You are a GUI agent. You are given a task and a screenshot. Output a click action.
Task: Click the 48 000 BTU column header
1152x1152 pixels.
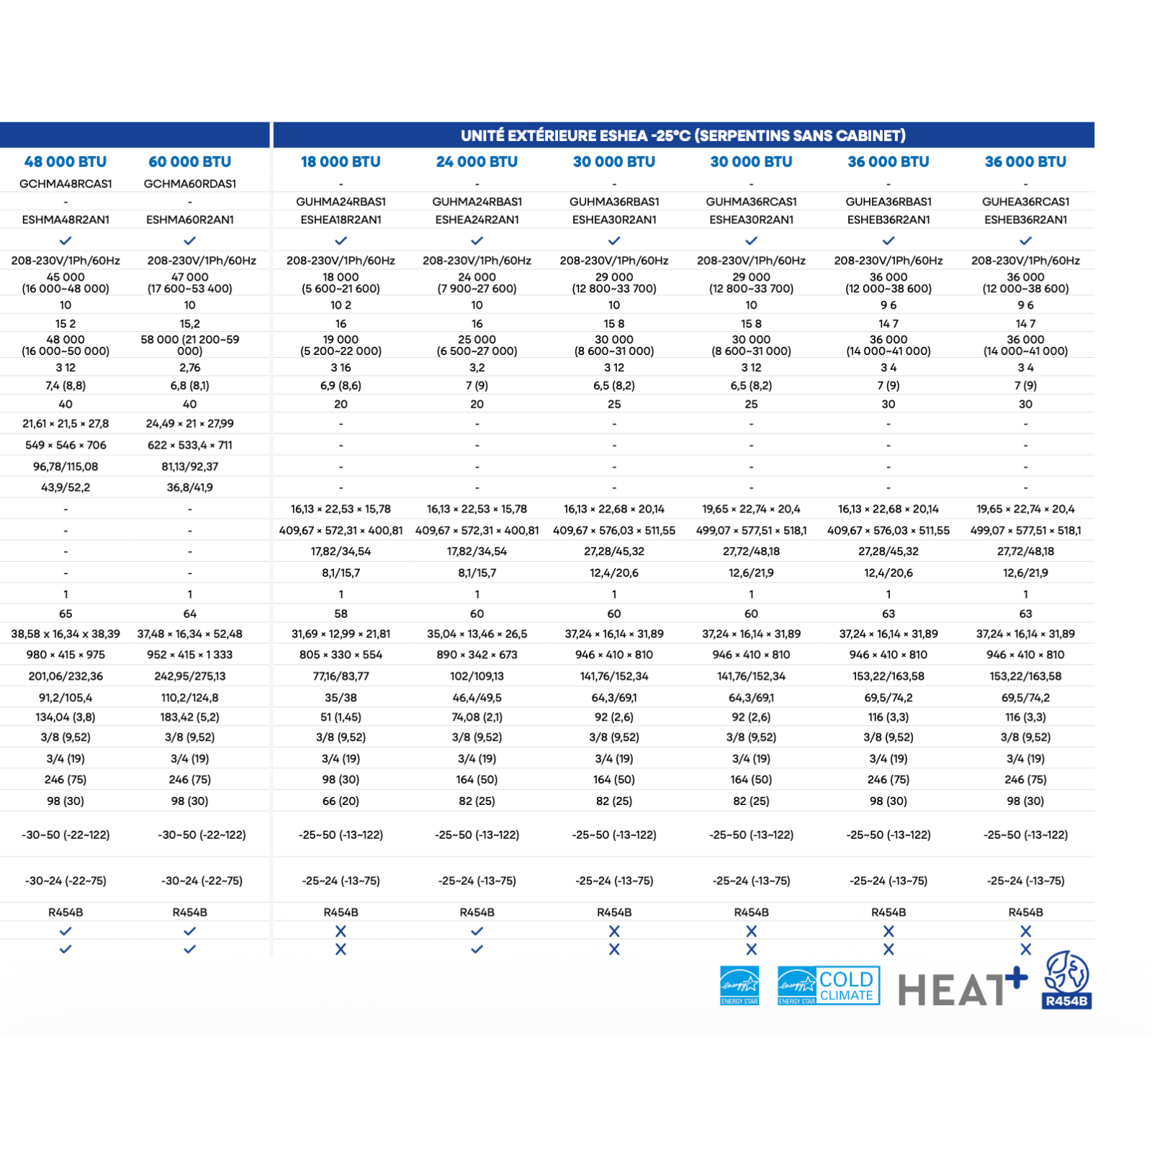point(66,162)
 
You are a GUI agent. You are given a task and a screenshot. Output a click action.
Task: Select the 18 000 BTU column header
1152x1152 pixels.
point(341,162)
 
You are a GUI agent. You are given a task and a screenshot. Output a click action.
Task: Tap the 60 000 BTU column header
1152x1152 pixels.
point(190,162)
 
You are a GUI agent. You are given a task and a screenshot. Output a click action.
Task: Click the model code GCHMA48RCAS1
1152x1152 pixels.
point(66,184)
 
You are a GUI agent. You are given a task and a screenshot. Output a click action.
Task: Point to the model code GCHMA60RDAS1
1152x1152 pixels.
point(190,184)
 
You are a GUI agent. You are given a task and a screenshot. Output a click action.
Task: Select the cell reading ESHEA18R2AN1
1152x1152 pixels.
point(341,220)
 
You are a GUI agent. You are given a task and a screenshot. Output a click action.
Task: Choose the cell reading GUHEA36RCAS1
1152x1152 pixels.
point(1025,202)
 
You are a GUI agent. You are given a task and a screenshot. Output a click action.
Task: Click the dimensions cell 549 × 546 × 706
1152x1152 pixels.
point(66,445)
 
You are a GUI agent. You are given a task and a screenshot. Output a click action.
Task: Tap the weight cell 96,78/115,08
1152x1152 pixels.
point(66,467)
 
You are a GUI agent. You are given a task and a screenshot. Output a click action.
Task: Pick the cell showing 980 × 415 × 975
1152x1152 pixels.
point(66,654)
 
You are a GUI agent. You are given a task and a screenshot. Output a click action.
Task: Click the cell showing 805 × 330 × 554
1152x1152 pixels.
point(341,654)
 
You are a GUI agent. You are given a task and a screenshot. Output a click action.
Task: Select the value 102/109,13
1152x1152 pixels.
point(477,676)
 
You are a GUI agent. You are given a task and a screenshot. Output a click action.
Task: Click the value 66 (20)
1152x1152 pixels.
point(341,801)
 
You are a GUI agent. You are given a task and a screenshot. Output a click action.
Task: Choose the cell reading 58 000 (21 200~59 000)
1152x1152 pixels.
point(190,345)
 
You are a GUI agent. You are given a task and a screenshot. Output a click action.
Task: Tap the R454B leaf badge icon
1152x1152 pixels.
point(1066,980)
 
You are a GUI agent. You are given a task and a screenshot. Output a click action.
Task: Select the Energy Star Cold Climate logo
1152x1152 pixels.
point(828,986)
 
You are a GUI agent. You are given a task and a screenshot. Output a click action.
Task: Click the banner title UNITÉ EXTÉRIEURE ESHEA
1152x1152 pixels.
point(683,135)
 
